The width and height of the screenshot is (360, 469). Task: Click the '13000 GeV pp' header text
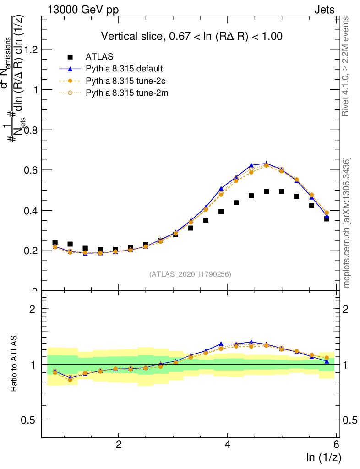[81, 10]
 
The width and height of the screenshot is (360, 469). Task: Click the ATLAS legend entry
[98, 57]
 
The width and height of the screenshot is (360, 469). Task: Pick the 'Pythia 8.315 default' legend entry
[124, 69]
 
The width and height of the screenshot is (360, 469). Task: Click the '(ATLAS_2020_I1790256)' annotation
[190, 274]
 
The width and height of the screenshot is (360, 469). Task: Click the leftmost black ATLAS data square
[55, 243]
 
